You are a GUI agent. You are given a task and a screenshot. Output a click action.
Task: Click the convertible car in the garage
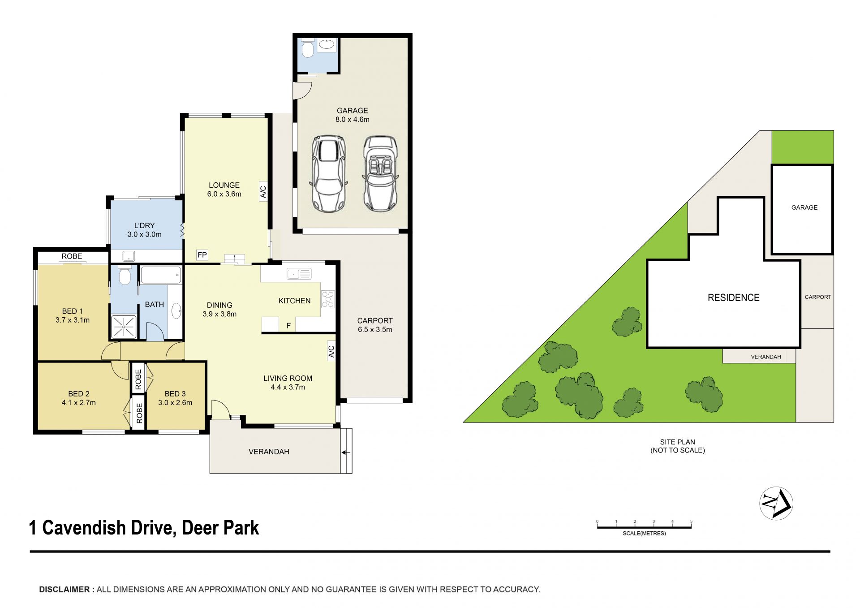click(380, 174)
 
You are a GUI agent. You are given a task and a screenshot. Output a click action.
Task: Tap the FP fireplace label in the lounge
click(202, 255)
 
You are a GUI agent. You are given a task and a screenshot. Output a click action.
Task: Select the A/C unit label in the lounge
click(263, 192)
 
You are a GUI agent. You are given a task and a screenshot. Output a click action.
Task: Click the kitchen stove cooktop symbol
click(328, 299)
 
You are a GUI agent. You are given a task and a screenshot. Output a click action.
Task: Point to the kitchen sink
click(299, 273)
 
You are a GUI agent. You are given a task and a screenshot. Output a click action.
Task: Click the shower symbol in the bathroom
click(123, 326)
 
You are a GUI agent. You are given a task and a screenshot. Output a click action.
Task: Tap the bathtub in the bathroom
click(161, 275)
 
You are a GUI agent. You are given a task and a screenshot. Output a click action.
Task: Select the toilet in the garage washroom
click(307, 49)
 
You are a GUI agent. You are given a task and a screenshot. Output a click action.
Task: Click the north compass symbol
click(776, 503)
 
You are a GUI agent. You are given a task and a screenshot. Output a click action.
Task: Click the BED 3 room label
click(175, 394)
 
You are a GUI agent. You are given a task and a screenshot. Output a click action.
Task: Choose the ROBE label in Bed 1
click(72, 256)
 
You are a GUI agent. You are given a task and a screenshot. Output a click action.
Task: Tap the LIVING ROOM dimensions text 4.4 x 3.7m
click(288, 387)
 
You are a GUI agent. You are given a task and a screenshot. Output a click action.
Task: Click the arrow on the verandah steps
click(346, 453)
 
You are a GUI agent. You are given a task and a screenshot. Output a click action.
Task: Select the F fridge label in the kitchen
click(288, 326)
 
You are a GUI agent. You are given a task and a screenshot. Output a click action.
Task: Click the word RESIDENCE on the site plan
click(733, 298)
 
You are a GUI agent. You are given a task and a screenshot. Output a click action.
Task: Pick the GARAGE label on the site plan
click(804, 207)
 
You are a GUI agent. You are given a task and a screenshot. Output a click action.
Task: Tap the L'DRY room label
click(144, 225)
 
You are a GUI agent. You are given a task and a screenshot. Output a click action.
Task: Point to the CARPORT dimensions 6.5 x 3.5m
click(375, 329)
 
